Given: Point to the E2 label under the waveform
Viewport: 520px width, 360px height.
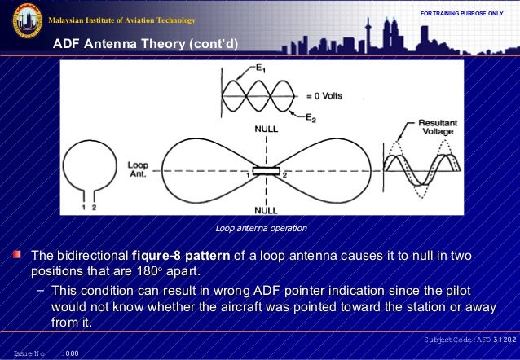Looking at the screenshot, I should click(x=310, y=117).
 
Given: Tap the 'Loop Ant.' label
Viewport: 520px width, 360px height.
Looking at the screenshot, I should click(x=138, y=169).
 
